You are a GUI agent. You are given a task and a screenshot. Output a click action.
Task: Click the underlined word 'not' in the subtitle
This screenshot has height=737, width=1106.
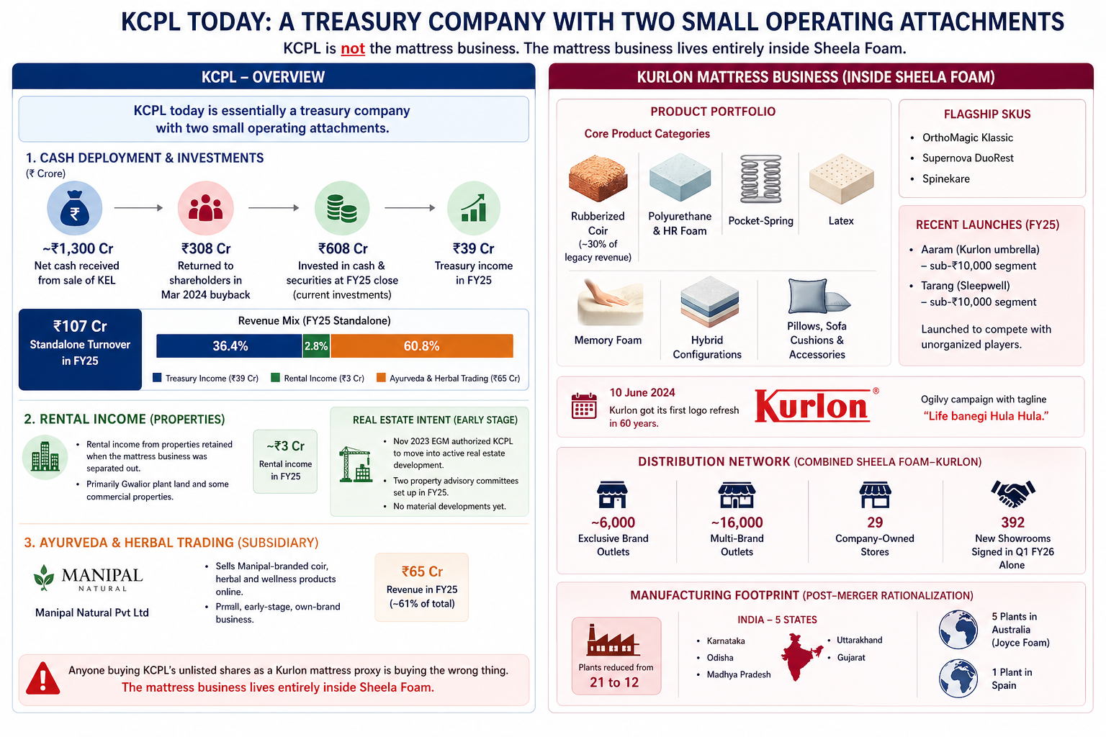(x=353, y=49)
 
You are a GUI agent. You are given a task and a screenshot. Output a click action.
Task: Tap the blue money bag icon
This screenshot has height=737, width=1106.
(x=75, y=209)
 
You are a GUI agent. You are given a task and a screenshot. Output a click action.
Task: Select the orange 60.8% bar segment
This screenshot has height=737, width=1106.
(x=422, y=346)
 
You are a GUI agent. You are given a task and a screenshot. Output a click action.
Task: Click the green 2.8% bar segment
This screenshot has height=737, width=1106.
(x=316, y=346)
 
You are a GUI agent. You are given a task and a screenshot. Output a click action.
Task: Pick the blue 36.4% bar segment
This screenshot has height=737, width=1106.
(x=230, y=346)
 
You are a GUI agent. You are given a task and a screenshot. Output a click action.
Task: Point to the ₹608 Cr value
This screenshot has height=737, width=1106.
(x=343, y=248)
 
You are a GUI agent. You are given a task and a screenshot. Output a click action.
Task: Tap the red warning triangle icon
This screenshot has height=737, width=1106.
(x=42, y=679)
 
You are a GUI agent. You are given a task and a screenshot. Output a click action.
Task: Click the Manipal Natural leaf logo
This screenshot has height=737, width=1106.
(x=44, y=578)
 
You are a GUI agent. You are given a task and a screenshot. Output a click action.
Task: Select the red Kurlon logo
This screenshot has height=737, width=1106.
(x=812, y=407)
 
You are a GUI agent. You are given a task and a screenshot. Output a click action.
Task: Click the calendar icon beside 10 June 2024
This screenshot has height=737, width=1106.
(x=584, y=406)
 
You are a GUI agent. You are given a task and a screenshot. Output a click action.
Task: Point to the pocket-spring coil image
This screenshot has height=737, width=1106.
(x=761, y=179)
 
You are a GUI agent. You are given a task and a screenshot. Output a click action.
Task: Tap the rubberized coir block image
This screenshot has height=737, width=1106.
(x=598, y=178)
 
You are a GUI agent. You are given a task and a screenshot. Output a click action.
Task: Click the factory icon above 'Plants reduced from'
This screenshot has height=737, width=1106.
(x=613, y=641)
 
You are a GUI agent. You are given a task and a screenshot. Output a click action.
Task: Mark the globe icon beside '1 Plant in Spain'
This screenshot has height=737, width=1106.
(x=958, y=678)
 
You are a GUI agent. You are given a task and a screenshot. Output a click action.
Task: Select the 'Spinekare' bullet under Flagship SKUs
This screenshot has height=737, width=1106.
(x=945, y=178)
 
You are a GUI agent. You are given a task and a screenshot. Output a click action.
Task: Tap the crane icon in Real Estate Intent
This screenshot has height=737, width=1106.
(x=355, y=464)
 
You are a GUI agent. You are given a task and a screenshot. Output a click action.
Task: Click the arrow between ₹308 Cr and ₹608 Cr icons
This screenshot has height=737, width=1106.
(x=274, y=208)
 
